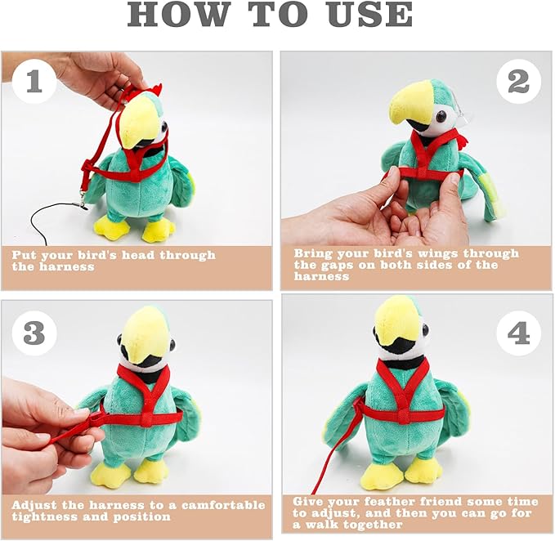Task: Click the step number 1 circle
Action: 34,81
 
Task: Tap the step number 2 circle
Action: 518,82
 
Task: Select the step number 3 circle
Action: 34,333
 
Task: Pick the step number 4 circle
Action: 518,333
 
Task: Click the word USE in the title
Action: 369,15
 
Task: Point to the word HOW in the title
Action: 177,15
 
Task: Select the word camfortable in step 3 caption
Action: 223,505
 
